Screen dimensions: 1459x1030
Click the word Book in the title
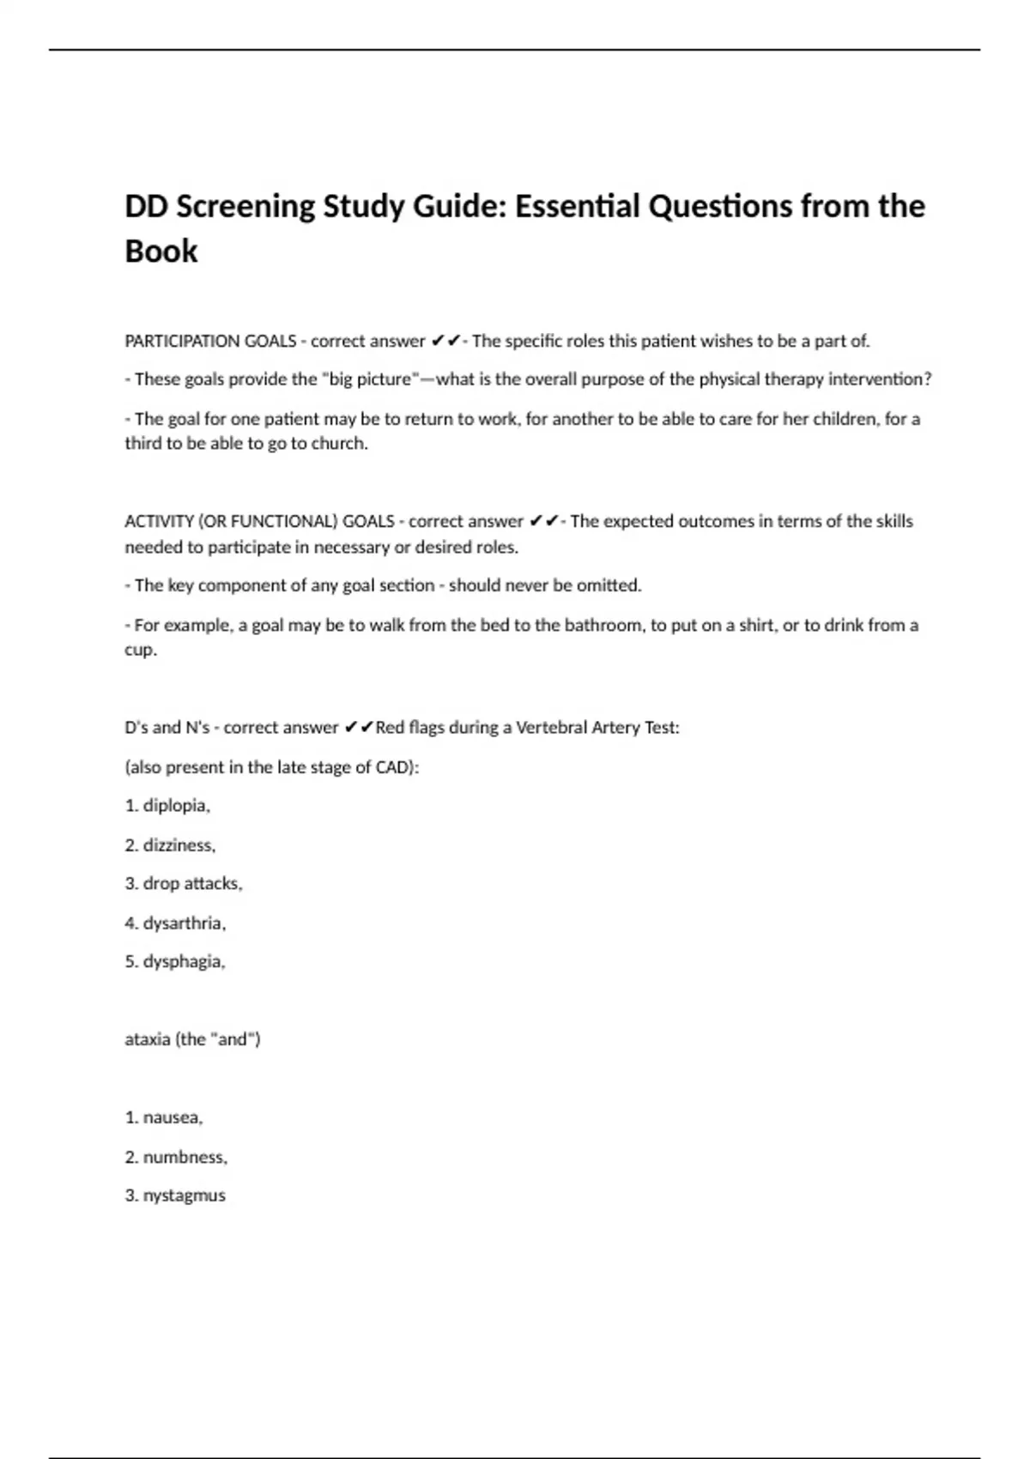[x=161, y=251]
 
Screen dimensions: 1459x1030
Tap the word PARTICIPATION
[x=182, y=341]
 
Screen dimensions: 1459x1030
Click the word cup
[x=139, y=650]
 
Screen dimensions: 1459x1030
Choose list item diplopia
[x=175, y=806]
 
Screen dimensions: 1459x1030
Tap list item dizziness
[x=179, y=845]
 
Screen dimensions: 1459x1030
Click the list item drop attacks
[x=191, y=883]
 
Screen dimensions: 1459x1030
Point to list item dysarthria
[x=184, y=923]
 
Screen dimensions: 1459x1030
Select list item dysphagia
[x=183, y=962]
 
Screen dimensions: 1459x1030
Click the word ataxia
[x=147, y=1039]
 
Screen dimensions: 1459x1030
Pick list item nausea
[x=172, y=1117]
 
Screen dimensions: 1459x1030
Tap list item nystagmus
[x=184, y=1196]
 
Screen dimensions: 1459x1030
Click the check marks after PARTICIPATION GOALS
[x=445, y=341]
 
